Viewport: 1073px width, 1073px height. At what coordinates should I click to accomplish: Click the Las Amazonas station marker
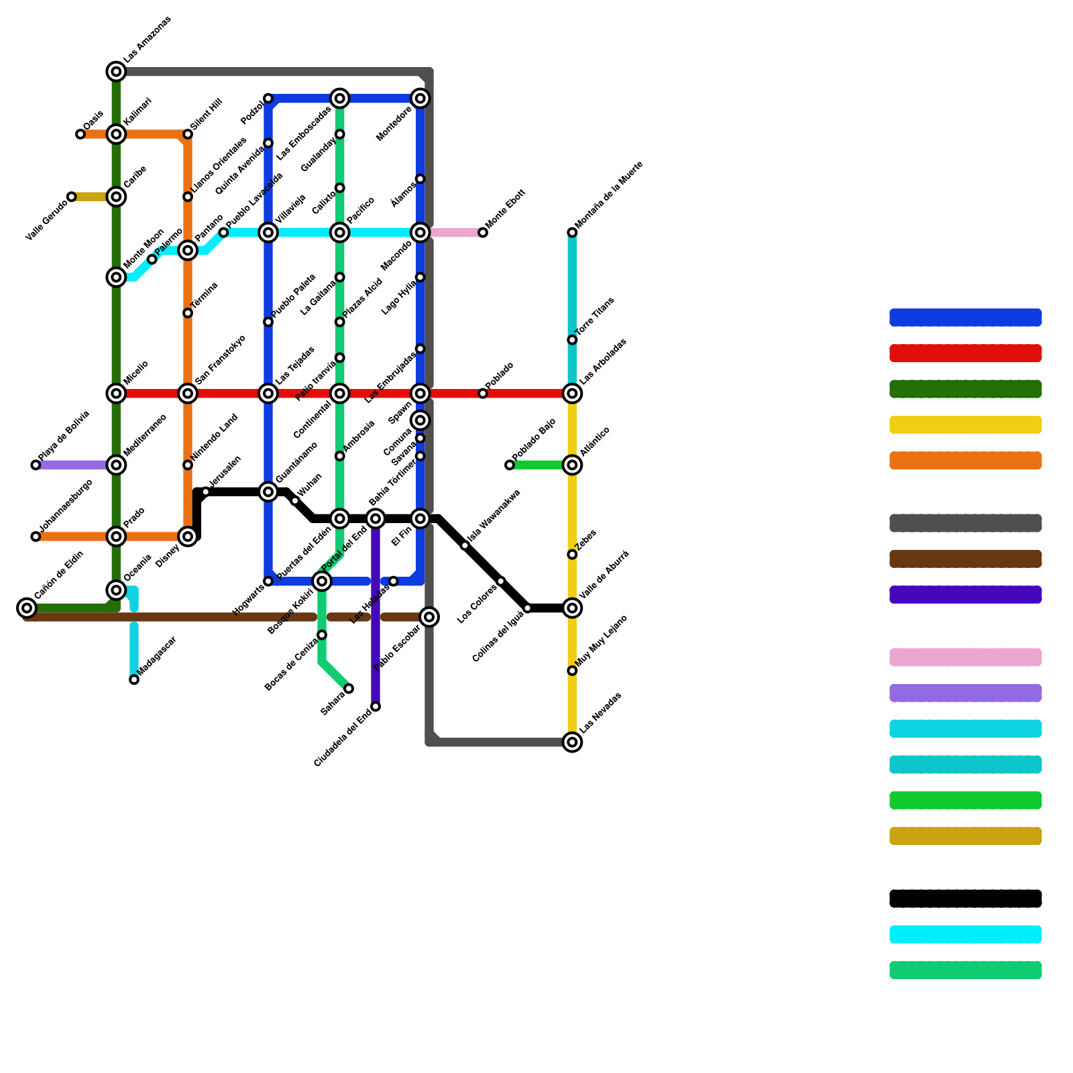[x=116, y=72]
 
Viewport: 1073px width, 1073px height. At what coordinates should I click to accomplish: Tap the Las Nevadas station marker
[x=572, y=742]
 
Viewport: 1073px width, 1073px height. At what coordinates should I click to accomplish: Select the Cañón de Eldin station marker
[x=27, y=608]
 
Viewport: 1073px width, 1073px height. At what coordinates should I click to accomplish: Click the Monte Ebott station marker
[x=483, y=233]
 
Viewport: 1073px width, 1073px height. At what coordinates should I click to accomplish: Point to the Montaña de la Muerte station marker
[x=572, y=233]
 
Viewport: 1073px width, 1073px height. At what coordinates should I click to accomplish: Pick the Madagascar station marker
[x=134, y=680]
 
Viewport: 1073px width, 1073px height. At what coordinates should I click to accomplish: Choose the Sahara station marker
[x=349, y=689]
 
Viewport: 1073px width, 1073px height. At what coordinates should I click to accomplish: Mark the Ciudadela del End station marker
[x=376, y=707]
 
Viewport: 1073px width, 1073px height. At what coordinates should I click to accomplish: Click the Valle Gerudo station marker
[x=72, y=196]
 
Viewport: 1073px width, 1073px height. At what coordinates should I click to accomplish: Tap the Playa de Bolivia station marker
[x=36, y=465]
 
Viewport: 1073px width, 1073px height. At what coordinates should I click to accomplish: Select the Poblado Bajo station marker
[x=510, y=465]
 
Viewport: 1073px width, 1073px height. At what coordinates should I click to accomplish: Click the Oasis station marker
[x=80, y=134]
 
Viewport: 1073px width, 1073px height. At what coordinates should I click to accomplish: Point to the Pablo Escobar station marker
[x=429, y=617]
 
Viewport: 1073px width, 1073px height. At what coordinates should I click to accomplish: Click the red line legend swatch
[x=965, y=353]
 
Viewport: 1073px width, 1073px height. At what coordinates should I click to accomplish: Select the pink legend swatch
[x=965, y=657]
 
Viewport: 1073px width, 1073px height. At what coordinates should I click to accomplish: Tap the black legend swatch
[x=965, y=899]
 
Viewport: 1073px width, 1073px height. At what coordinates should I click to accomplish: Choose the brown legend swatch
[x=965, y=559]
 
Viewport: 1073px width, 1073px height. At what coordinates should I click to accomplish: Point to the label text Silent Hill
[x=206, y=115]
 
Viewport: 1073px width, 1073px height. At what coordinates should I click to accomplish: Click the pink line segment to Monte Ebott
[x=456, y=233]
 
